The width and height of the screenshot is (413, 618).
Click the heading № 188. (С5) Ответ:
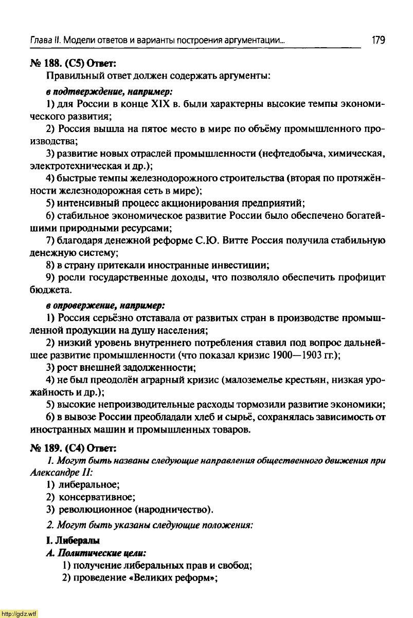[75, 63]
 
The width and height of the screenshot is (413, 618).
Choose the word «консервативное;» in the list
[97, 497]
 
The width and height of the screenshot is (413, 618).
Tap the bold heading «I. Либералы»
[73, 540]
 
